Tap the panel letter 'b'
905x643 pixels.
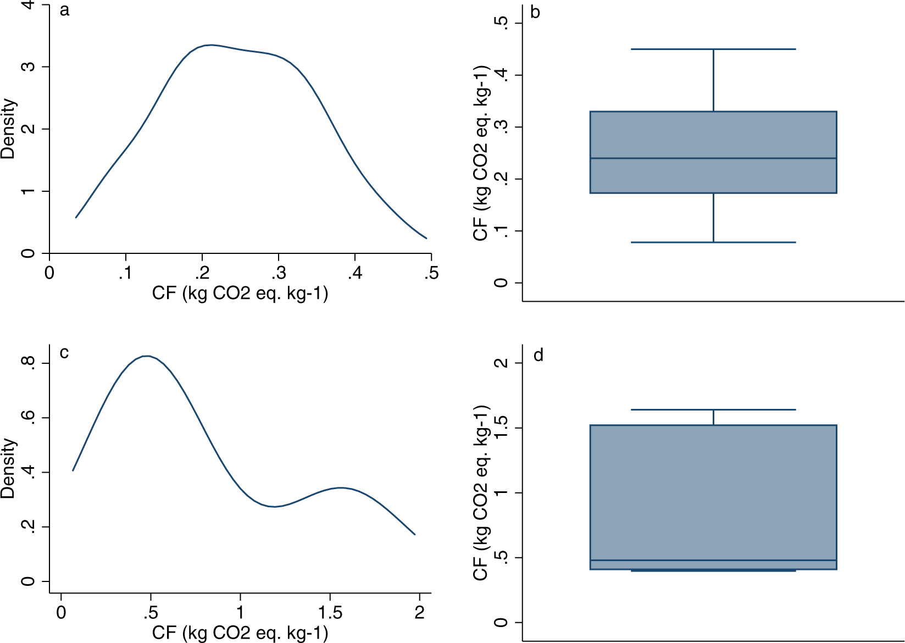point(535,12)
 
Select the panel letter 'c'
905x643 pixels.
point(64,352)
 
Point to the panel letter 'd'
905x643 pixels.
point(538,356)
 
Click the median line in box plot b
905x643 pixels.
point(713,158)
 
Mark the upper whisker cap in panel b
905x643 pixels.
point(713,49)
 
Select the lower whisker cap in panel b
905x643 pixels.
point(713,242)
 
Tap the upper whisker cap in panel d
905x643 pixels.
point(713,409)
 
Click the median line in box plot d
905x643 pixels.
point(713,561)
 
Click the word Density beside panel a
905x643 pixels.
point(9,129)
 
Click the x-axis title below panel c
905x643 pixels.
point(240,633)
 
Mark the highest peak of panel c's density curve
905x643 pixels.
point(147,356)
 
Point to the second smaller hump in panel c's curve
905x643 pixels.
point(341,487)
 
